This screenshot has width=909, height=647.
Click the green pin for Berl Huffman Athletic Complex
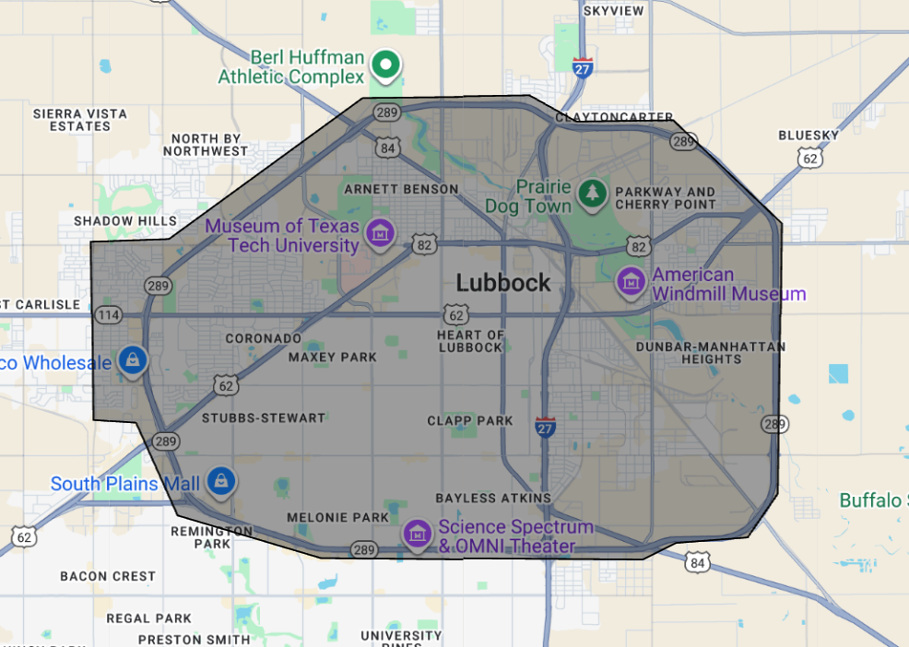tap(387, 65)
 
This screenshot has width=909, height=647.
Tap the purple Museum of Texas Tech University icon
tap(379, 232)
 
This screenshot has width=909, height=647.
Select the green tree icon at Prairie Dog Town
tap(591, 193)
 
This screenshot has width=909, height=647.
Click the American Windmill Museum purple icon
tap(631, 281)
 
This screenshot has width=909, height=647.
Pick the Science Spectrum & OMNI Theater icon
tap(418, 532)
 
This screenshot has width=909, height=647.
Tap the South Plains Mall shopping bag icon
tap(220, 479)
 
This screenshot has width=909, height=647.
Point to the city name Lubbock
tap(503, 283)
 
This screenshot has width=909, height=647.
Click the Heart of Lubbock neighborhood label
tap(470, 341)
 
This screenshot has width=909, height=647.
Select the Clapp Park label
tap(470, 421)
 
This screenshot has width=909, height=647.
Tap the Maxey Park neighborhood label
tap(332, 357)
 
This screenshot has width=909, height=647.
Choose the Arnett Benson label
tap(401, 189)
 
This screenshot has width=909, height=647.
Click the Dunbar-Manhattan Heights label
tap(711, 353)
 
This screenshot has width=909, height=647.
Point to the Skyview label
tap(614, 10)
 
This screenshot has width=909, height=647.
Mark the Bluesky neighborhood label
tap(809, 135)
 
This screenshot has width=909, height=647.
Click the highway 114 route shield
tap(108, 315)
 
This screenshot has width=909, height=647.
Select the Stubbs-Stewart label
tap(264, 418)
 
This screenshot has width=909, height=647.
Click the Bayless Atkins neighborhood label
tap(493, 498)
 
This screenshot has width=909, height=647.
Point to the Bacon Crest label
tap(108, 576)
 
